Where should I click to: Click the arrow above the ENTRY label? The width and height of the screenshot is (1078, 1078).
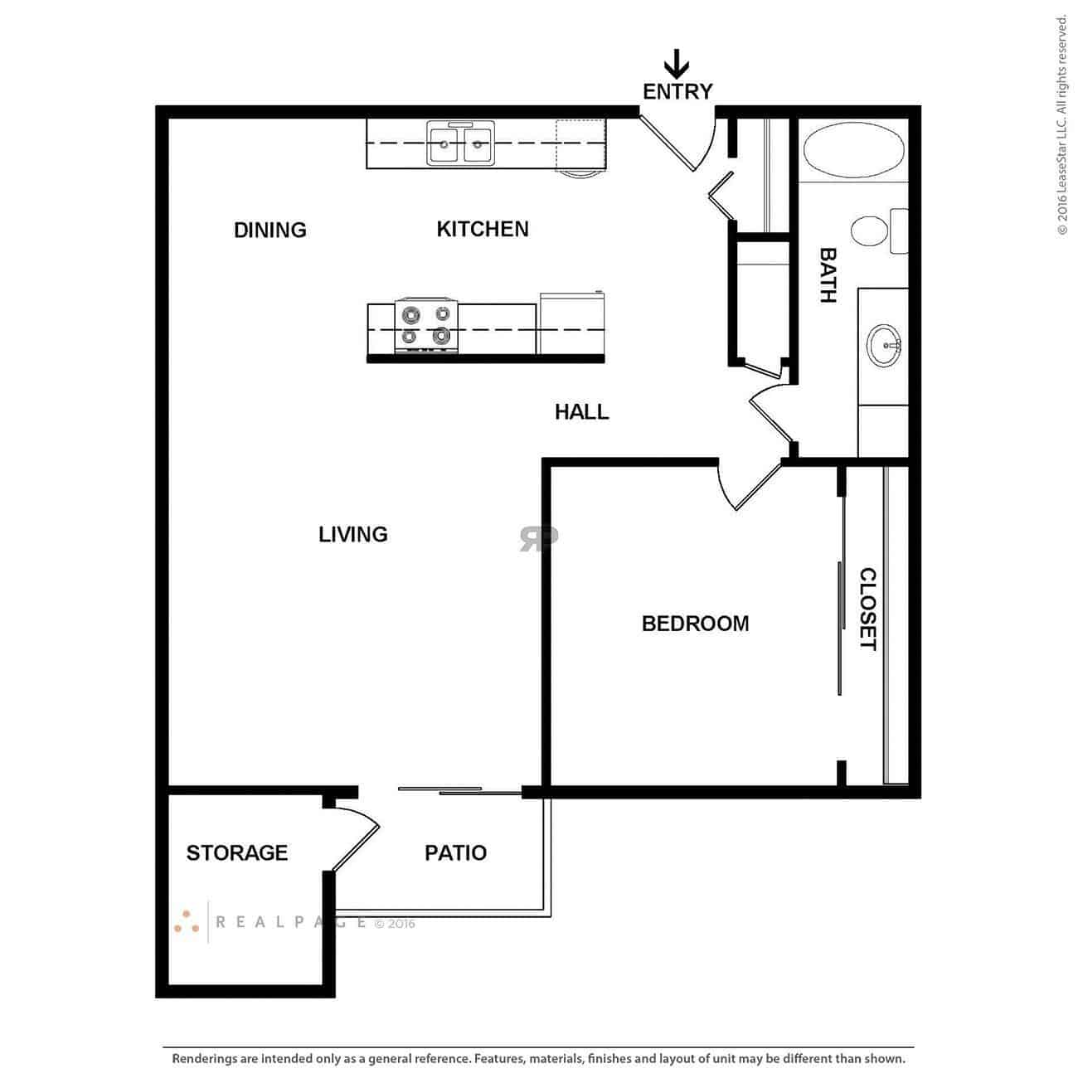coord(677,64)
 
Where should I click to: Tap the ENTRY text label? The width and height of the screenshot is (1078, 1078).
coord(677,91)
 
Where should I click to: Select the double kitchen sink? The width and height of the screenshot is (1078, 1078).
coord(461,143)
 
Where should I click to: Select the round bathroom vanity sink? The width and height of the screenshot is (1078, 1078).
coord(886,345)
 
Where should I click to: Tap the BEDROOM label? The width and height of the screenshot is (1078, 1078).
coord(695,624)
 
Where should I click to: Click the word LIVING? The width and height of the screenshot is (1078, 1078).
coord(353,534)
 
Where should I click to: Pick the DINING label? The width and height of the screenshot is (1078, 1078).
coord(270,230)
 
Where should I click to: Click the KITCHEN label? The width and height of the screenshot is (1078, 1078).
coord(483,229)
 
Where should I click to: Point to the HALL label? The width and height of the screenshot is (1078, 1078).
coord(581,411)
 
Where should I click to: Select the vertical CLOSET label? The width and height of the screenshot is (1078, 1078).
coord(867,609)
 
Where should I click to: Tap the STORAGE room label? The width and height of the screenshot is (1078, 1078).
coord(237,852)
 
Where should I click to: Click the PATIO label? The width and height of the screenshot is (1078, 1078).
coord(455,852)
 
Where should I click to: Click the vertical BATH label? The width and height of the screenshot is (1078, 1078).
coord(828,275)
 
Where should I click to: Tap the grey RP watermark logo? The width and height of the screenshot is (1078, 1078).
coord(539,537)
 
